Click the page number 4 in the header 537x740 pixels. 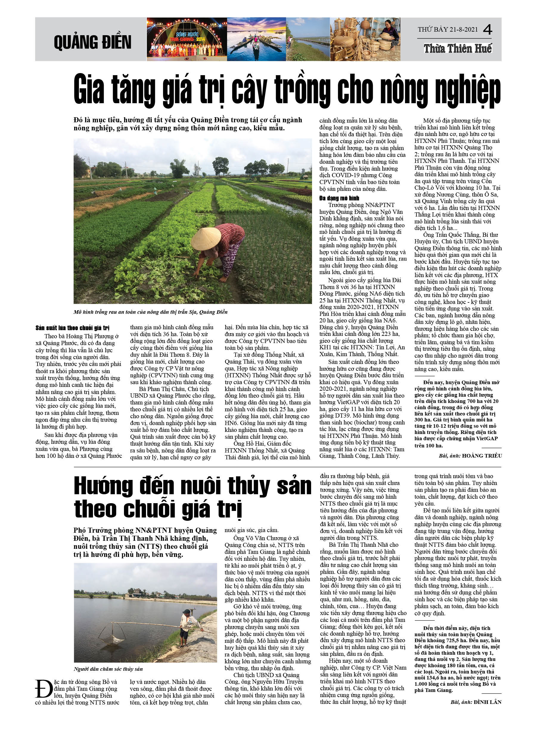(x=488, y=30)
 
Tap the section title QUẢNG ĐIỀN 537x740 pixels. (x=93, y=42)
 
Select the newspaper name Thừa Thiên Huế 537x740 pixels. (x=458, y=49)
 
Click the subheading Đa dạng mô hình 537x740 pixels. (x=339, y=198)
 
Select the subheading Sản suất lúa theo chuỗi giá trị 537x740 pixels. (x=72, y=328)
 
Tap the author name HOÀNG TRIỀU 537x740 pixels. (x=482, y=456)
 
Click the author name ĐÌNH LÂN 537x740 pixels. (x=488, y=702)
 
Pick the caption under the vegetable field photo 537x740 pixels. (x=150, y=312)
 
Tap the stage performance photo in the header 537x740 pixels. (x=187, y=39)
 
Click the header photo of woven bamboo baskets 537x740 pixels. (x=365, y=39)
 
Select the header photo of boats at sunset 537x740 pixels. (x=256, y=39)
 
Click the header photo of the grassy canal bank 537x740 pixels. (x=308, y=39)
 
